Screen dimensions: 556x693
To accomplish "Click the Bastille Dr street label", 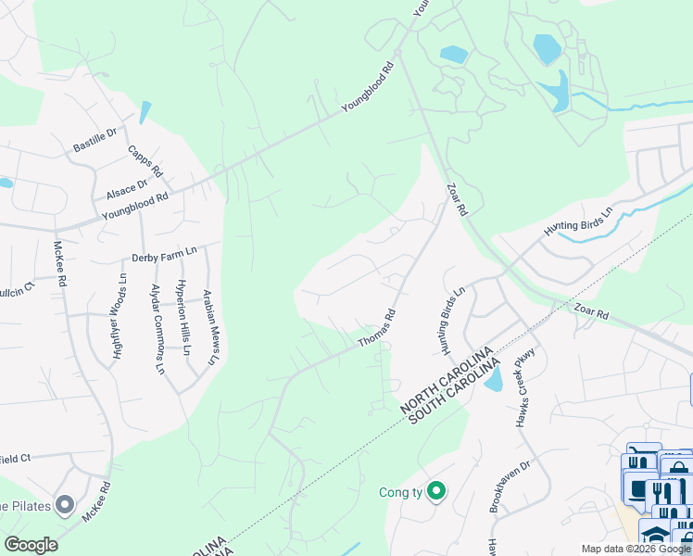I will [95, 141].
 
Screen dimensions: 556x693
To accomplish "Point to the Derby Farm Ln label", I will [165, 253].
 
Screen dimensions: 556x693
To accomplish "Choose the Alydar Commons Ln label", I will [158, 329].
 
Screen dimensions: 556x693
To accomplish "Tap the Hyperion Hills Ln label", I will [183, 318].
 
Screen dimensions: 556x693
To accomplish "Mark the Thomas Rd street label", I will [378, 329].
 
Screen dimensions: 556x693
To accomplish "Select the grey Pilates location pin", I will [64, 505].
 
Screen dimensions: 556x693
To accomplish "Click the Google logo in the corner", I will [30, 545].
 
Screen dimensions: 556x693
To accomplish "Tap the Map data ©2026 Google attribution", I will [636, 549].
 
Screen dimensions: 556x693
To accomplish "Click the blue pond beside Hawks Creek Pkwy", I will [493, 378].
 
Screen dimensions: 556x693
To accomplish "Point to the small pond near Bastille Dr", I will [145, 113].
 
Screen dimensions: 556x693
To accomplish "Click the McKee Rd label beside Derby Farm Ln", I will [59, 264].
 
